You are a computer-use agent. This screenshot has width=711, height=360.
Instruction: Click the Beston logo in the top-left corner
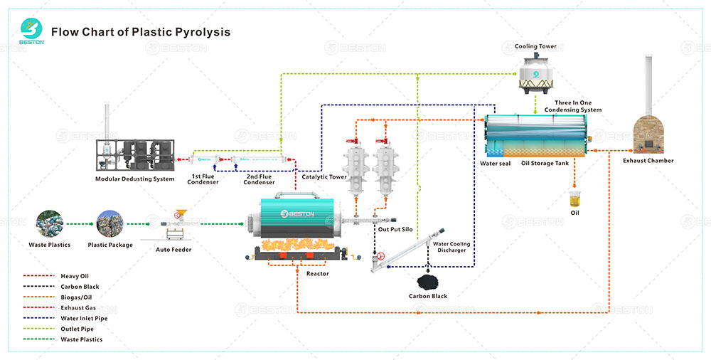[x=32, y=31]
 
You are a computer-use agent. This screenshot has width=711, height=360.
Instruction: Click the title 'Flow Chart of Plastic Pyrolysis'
[x=141, y=32]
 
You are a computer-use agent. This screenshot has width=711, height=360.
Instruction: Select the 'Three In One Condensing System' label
[x=573, y=107]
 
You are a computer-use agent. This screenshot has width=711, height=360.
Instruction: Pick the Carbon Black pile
[x=427, y=282]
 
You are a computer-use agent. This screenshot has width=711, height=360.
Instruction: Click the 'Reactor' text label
[x=317, y=274]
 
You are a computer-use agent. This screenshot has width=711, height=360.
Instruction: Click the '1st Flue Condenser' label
[x=203, y=179]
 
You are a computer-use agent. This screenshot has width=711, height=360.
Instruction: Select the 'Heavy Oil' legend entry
[x=74, y=276]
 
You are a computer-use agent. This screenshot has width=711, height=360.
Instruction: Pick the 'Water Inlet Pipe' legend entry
[x=84, y=318]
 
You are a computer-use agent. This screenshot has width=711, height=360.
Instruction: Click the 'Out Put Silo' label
[x=395, y=229]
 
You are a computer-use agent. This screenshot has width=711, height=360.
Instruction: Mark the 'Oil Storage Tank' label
[x=545, y=164]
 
